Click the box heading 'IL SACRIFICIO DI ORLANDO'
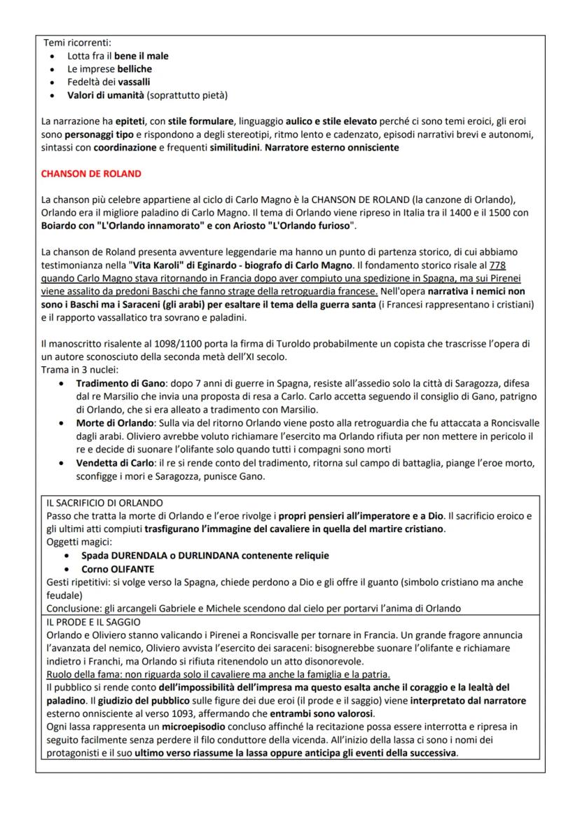pyautogui.click(x=103, y=503)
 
